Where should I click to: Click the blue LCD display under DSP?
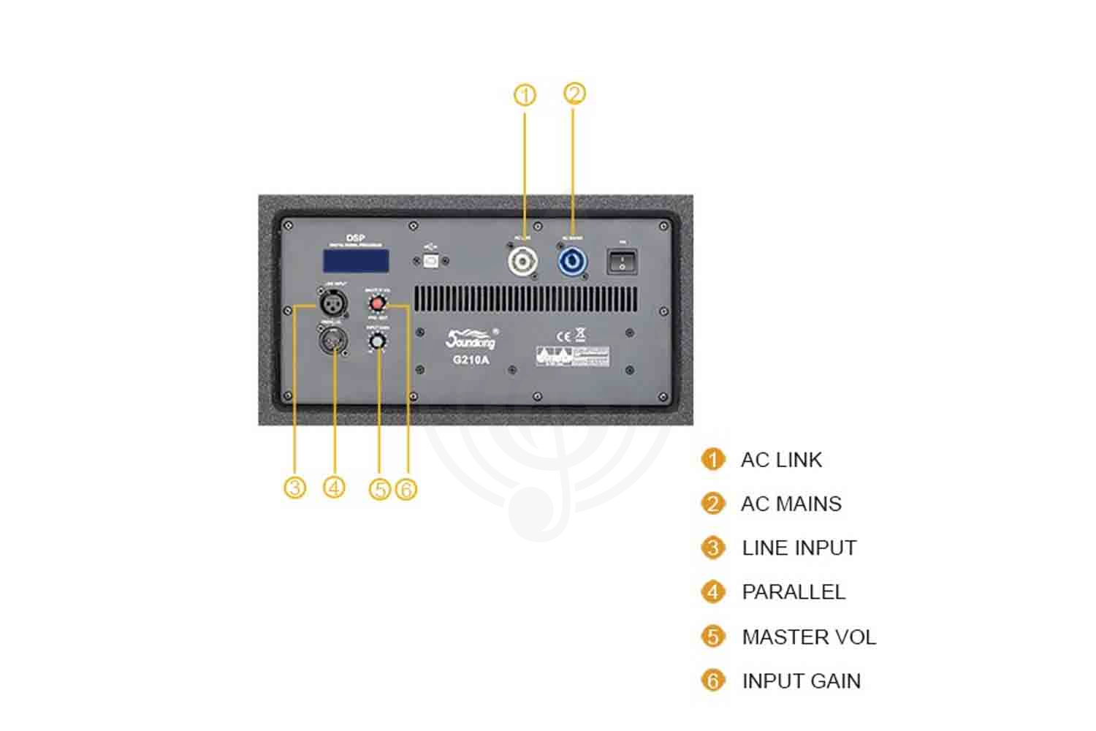(356, 261)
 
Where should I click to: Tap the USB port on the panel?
(431, 260)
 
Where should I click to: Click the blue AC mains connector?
(572, 262)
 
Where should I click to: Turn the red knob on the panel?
(378, 303)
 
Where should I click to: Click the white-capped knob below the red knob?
(377, 341)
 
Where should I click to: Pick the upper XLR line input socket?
(333, 300)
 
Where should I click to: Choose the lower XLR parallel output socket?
(333, 340)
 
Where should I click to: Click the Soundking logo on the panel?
(471, 340)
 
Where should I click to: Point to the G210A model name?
(471, 360)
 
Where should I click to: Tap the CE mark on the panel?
(563, 337)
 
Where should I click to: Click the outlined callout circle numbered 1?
(525, 95)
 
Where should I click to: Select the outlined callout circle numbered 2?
(574, 94)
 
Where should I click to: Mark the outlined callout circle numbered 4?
(334, 487)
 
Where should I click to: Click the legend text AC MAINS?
(791, 504)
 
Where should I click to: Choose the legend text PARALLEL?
(794, 592)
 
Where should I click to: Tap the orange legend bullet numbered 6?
(712, 681)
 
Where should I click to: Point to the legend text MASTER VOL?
(809, 637)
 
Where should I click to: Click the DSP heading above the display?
(356, 238)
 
